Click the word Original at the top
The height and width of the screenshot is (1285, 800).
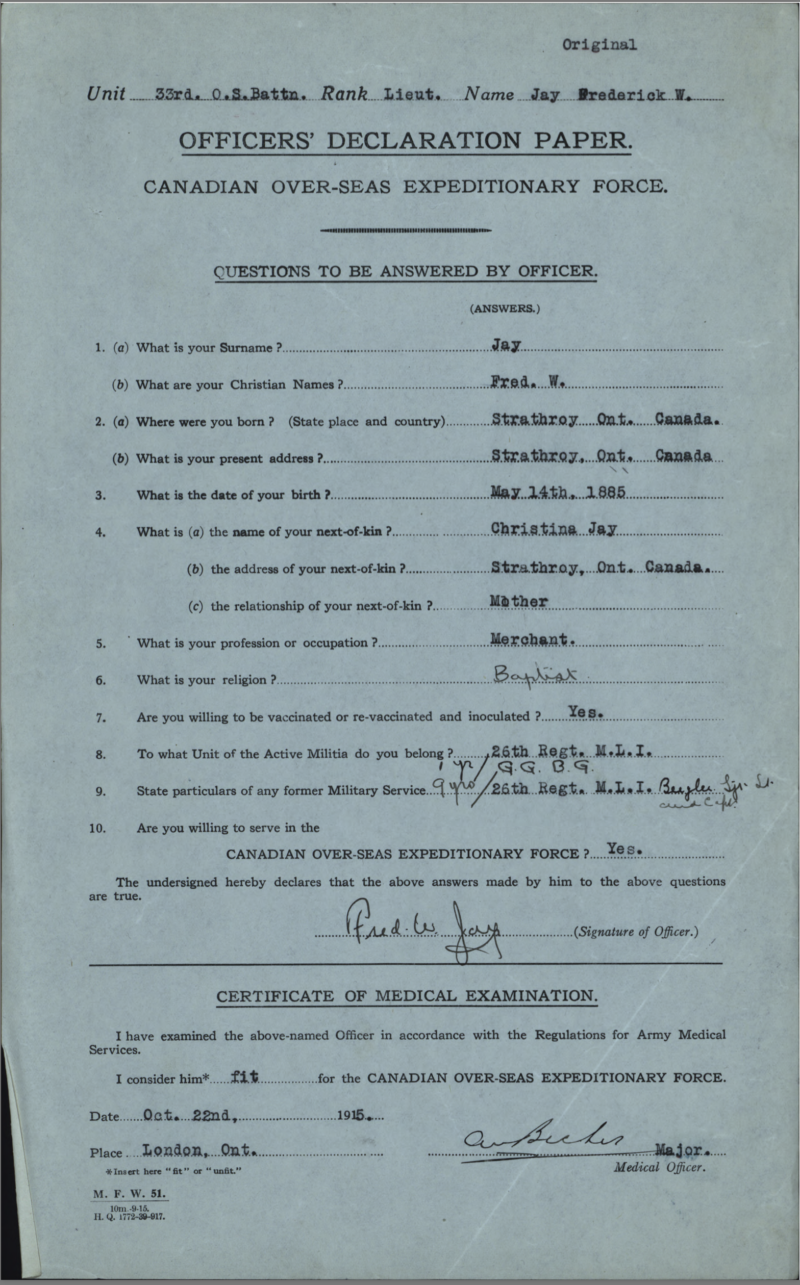click(599, 45)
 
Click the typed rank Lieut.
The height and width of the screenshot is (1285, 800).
click(412, 95)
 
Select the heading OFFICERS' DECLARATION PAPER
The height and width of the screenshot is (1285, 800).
click(405, 141)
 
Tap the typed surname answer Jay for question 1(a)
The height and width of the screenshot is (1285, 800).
click(506, 345)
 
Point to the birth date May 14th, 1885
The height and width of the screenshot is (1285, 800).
click(558, 492)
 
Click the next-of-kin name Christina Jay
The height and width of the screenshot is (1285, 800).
click(554, 529)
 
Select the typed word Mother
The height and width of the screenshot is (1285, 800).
click(518, 601)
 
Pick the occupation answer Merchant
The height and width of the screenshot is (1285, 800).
click(532, 639)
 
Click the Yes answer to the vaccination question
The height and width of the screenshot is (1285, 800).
click(585, 713)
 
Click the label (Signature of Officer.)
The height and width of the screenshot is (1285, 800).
click(635, 932)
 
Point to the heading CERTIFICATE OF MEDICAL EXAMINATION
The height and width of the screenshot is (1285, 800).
click(406, 996)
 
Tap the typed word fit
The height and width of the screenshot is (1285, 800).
click(244, 1076)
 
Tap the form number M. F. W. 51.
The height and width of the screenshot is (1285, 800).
click(130, 1194)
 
